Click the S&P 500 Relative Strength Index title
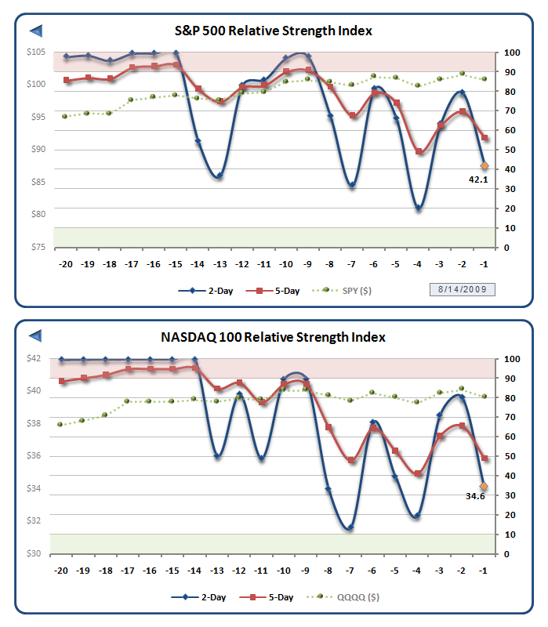(273, 31)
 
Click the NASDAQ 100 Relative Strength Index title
(273, 337)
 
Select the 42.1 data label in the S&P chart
(478, 179)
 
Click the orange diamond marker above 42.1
(484, 165)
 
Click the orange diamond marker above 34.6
(484, 486)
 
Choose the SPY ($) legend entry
(353, 291)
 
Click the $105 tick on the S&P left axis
(36, 53)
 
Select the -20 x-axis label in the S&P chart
(65, 264)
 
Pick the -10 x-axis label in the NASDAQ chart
(287, 571)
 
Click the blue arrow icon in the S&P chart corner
(36, 31)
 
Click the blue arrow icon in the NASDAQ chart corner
(36, 337)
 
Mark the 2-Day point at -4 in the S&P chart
(419, 208)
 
